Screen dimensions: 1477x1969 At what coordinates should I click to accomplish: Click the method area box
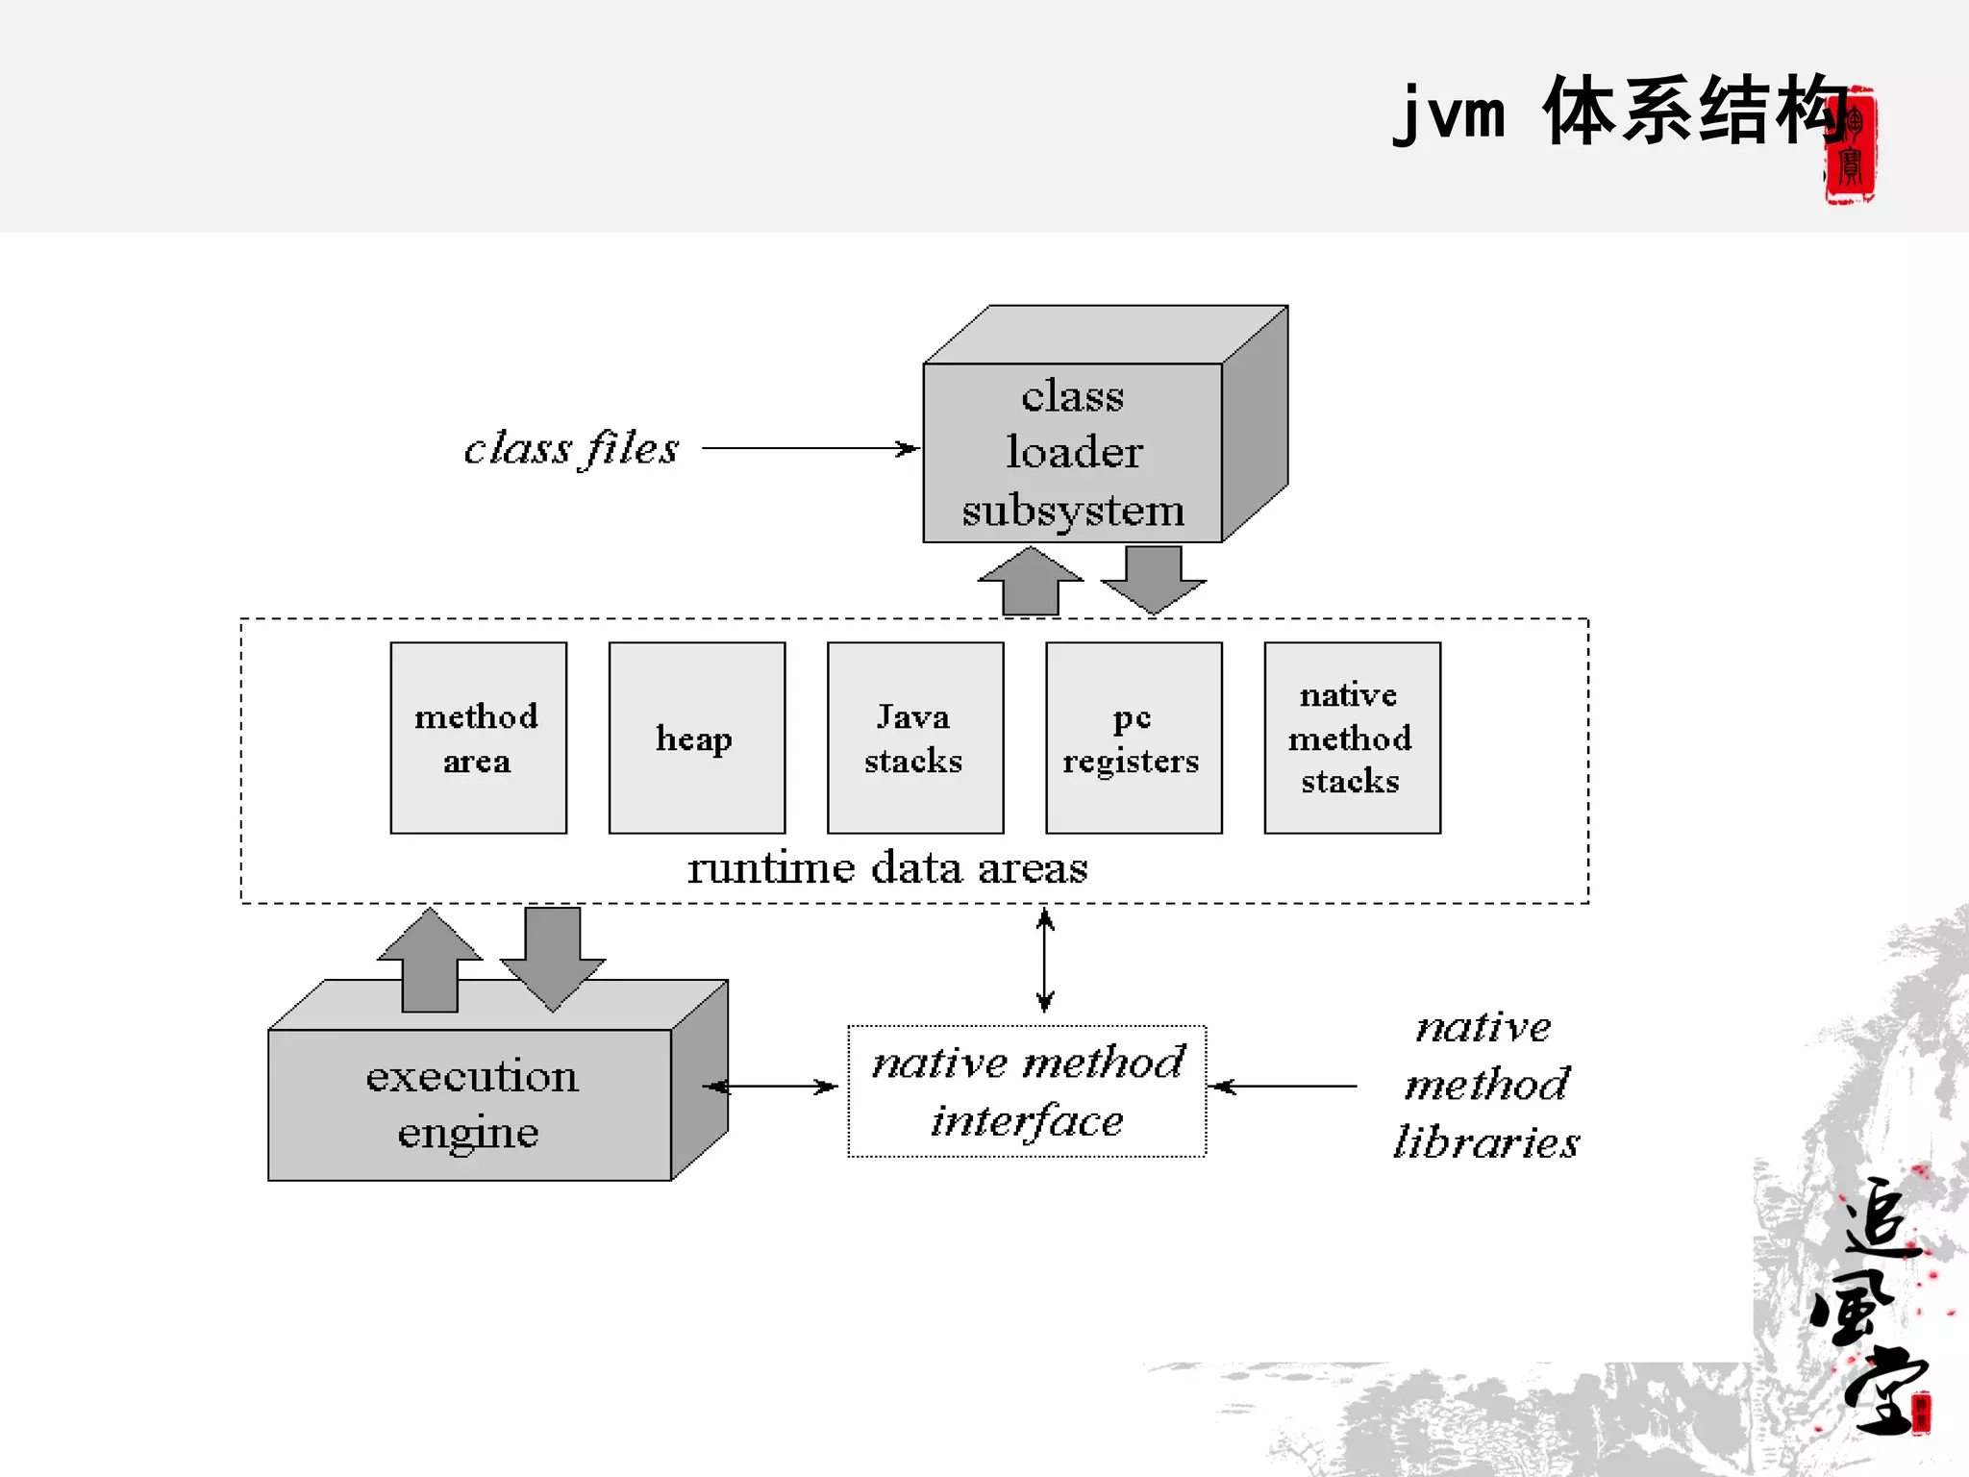pyautogui.click(x=478, y=738)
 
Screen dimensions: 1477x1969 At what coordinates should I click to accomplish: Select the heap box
pyautogui.click(x=696, y=738)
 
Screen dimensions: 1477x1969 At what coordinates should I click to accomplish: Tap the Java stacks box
pyautogui.click(x=914, y=738)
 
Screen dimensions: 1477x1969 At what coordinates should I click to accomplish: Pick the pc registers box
pyautogui.click(x=1133, y=738)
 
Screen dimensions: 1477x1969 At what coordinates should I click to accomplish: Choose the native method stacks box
pyautogui.click(x=1352, y=738)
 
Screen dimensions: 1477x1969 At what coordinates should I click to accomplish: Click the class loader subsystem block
pyautogui.click(x=1072, y=452)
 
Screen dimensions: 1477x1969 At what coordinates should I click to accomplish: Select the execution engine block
pyautogui.click(x=470, y=1104)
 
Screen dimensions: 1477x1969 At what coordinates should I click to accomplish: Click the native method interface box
pyautogui.click(x=1026, y=1091)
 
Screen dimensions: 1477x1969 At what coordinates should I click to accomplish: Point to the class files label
pyautogui.click(x=571, y=448)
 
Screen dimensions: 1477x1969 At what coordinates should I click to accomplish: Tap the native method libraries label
pyautogui.click(x=1485, y=1085)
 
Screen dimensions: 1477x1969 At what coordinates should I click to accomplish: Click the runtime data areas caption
pyautogui.click(x=886, y=868)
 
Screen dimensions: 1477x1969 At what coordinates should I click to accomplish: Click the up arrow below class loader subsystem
pyautogui.click(x=1031, y=581)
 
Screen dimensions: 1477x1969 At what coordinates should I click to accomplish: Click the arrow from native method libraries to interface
pyautogui.click(x=1284, y=1087)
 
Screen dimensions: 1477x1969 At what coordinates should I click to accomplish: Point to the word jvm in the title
pyautogui.click(x=1449, y=113)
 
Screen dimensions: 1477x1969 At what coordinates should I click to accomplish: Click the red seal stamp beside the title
pyautogui.click(x=1850, y=145)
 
